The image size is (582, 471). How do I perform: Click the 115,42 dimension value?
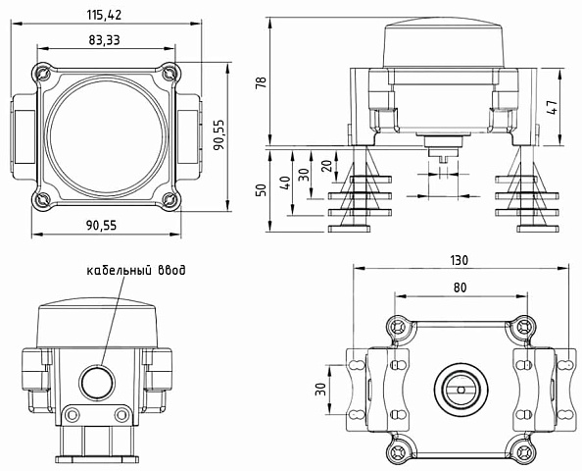104,15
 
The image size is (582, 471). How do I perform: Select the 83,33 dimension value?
104,40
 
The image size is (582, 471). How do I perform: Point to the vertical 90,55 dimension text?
219,134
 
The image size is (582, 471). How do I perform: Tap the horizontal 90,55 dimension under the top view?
101,226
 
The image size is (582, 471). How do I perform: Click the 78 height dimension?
262,82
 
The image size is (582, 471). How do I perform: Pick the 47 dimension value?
553,107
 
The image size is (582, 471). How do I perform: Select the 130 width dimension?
460,260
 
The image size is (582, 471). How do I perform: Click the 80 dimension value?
460,288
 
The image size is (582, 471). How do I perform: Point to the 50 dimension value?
262,189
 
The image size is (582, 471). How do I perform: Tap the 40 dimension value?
285,183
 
